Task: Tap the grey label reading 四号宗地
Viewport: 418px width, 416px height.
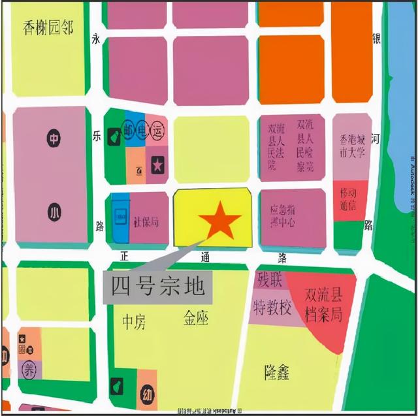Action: coord(153,286)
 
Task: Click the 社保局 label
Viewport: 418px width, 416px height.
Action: coord(146,222)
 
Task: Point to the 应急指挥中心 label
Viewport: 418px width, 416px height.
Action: coord(283,217)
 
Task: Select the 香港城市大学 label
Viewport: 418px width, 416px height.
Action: coord(352,148)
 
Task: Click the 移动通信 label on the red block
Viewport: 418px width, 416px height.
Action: coord(348,200)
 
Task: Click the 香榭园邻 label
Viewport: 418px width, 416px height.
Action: coord(48,28)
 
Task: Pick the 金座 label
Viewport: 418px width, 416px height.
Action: coord(195,319)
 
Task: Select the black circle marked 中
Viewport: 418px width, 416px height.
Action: coord(53,138)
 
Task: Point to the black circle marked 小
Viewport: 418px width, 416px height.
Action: coord(53,211)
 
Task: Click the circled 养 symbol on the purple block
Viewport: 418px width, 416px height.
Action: coord(29,370)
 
